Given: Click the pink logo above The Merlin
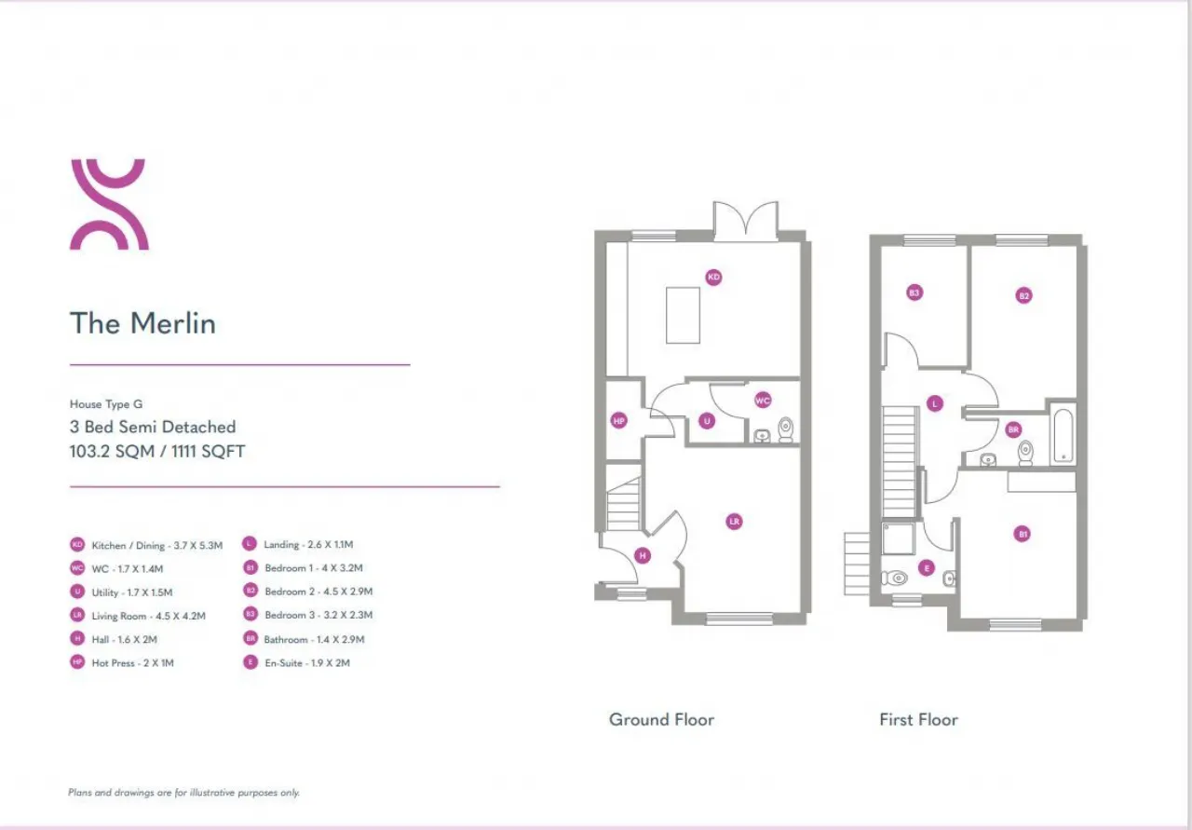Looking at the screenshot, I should point(109,205).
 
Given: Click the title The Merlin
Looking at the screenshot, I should point(142,323).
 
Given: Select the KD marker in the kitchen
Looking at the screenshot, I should point(713,277).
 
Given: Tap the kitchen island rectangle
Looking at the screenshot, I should point(683,315).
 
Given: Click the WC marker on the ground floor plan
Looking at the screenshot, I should point(763,401).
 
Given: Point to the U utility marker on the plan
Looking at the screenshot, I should point(707,421).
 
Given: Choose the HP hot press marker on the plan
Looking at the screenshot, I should point(619,421).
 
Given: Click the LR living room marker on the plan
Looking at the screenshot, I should point(735,522).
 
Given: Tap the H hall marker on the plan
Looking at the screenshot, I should point(642,556).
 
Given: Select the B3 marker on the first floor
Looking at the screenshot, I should point(914,293).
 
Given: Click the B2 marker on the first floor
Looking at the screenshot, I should point(1023,295).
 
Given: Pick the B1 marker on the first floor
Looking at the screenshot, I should point(1023,534).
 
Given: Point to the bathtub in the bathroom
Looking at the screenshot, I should point(1062,433).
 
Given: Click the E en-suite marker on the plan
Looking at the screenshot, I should point(926,567).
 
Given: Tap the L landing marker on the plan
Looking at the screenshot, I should point(934,403).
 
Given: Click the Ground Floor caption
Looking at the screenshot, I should point(661,719).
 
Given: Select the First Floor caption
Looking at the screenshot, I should point(918,719).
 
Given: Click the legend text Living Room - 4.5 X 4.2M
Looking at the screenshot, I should point(148,616).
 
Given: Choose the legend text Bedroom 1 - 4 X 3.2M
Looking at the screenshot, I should point(313,567).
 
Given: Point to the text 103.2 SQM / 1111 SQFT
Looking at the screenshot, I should point(157,452).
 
